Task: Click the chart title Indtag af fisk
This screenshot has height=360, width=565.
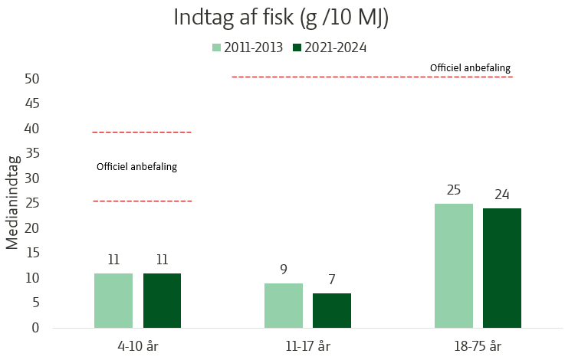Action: (x=281, y=18)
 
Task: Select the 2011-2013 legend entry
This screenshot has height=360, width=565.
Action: (x=247, y=47)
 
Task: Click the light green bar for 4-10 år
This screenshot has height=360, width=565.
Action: (x=113, y=300)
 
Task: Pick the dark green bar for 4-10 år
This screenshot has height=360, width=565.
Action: (x=162, y=300)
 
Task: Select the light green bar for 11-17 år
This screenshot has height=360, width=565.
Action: (x=284, y=305)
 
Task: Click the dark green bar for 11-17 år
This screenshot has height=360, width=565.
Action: (x=332, y=310)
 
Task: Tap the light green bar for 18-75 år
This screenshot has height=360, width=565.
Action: (x=454, y=265)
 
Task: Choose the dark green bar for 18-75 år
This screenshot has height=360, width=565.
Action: (x=502, y=268)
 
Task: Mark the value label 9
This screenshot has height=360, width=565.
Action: (x=284, y=270)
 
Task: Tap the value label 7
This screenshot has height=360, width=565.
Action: (x=332, y=280)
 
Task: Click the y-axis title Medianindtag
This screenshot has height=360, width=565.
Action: (x=13, y=203)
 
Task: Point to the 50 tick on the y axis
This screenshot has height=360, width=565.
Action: (x=31, y=79)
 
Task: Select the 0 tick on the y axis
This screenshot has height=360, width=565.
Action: (x=35, y=328)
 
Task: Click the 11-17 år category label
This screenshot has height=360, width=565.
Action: (x=307, y=345)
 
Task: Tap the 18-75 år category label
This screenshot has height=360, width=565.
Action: (x=478, y=345)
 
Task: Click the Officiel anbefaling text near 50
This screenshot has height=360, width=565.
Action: (x=470, y=68)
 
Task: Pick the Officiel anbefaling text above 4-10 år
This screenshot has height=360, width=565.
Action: (x=136, y=166)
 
